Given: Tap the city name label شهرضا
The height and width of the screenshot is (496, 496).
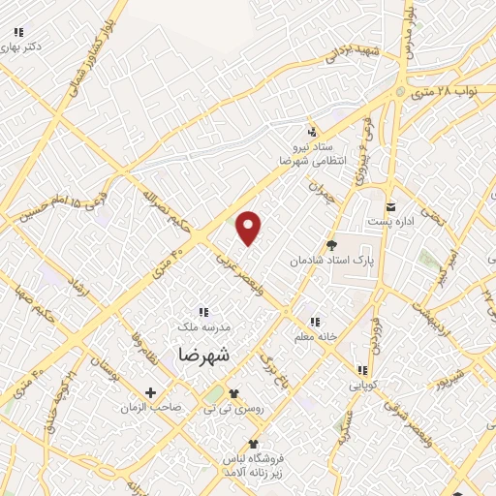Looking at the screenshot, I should pyautogui.click(x=205, y=355).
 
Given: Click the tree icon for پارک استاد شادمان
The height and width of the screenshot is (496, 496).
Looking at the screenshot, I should pyautogui.click(x=332, y=245).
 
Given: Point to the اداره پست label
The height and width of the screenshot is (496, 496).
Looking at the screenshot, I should pyautogui.click(x=391, y=222).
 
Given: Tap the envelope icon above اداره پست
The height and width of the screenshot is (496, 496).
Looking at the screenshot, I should pyautogui.click(x=391, y=206).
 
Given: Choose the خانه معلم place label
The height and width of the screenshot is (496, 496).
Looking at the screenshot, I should pyautogui.click(x=314, y=337).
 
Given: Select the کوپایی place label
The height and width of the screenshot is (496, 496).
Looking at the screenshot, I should pyautogui.click(x=362, y=385).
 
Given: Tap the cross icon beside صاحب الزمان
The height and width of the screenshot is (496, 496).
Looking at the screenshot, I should pyautogui.click(x=150, y=392).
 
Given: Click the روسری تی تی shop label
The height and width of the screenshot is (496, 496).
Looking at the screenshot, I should pyautogui.click(x=232, y=409).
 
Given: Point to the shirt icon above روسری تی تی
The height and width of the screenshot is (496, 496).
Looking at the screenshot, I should pyautogui.click(x=232, y=393).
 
